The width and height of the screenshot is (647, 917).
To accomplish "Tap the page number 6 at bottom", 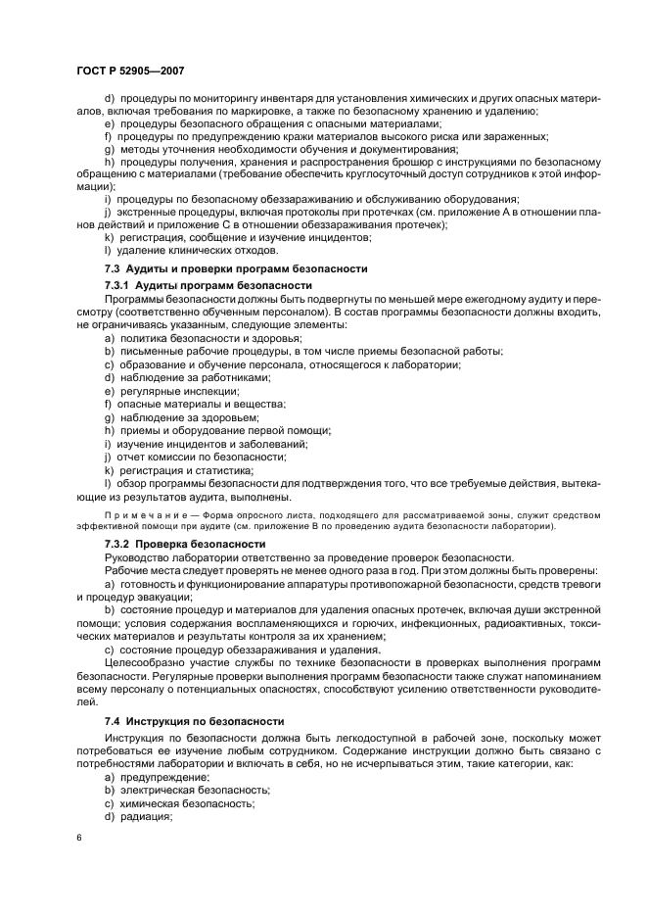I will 78,839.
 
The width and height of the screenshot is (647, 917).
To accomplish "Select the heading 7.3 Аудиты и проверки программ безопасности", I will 236,268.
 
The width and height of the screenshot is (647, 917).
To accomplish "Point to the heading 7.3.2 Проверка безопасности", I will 185,543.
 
